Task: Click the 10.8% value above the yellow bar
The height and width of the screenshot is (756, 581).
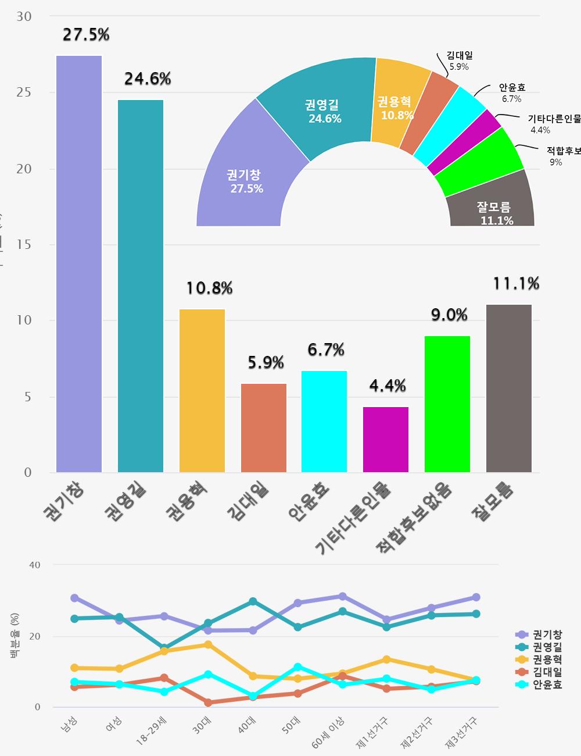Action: pos(209,288)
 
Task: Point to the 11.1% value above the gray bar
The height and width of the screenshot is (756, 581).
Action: pos(516,284)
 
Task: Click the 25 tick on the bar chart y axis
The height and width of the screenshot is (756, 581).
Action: pos(24,92)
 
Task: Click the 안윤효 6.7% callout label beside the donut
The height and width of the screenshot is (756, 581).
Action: pos(512,93)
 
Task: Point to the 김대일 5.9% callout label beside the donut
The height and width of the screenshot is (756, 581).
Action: pos(460,60)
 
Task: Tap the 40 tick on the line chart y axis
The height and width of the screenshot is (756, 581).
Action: pos(35,565)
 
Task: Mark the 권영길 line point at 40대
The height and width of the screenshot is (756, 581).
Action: pos(253,601)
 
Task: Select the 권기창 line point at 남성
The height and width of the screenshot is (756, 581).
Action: pos(74,598)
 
